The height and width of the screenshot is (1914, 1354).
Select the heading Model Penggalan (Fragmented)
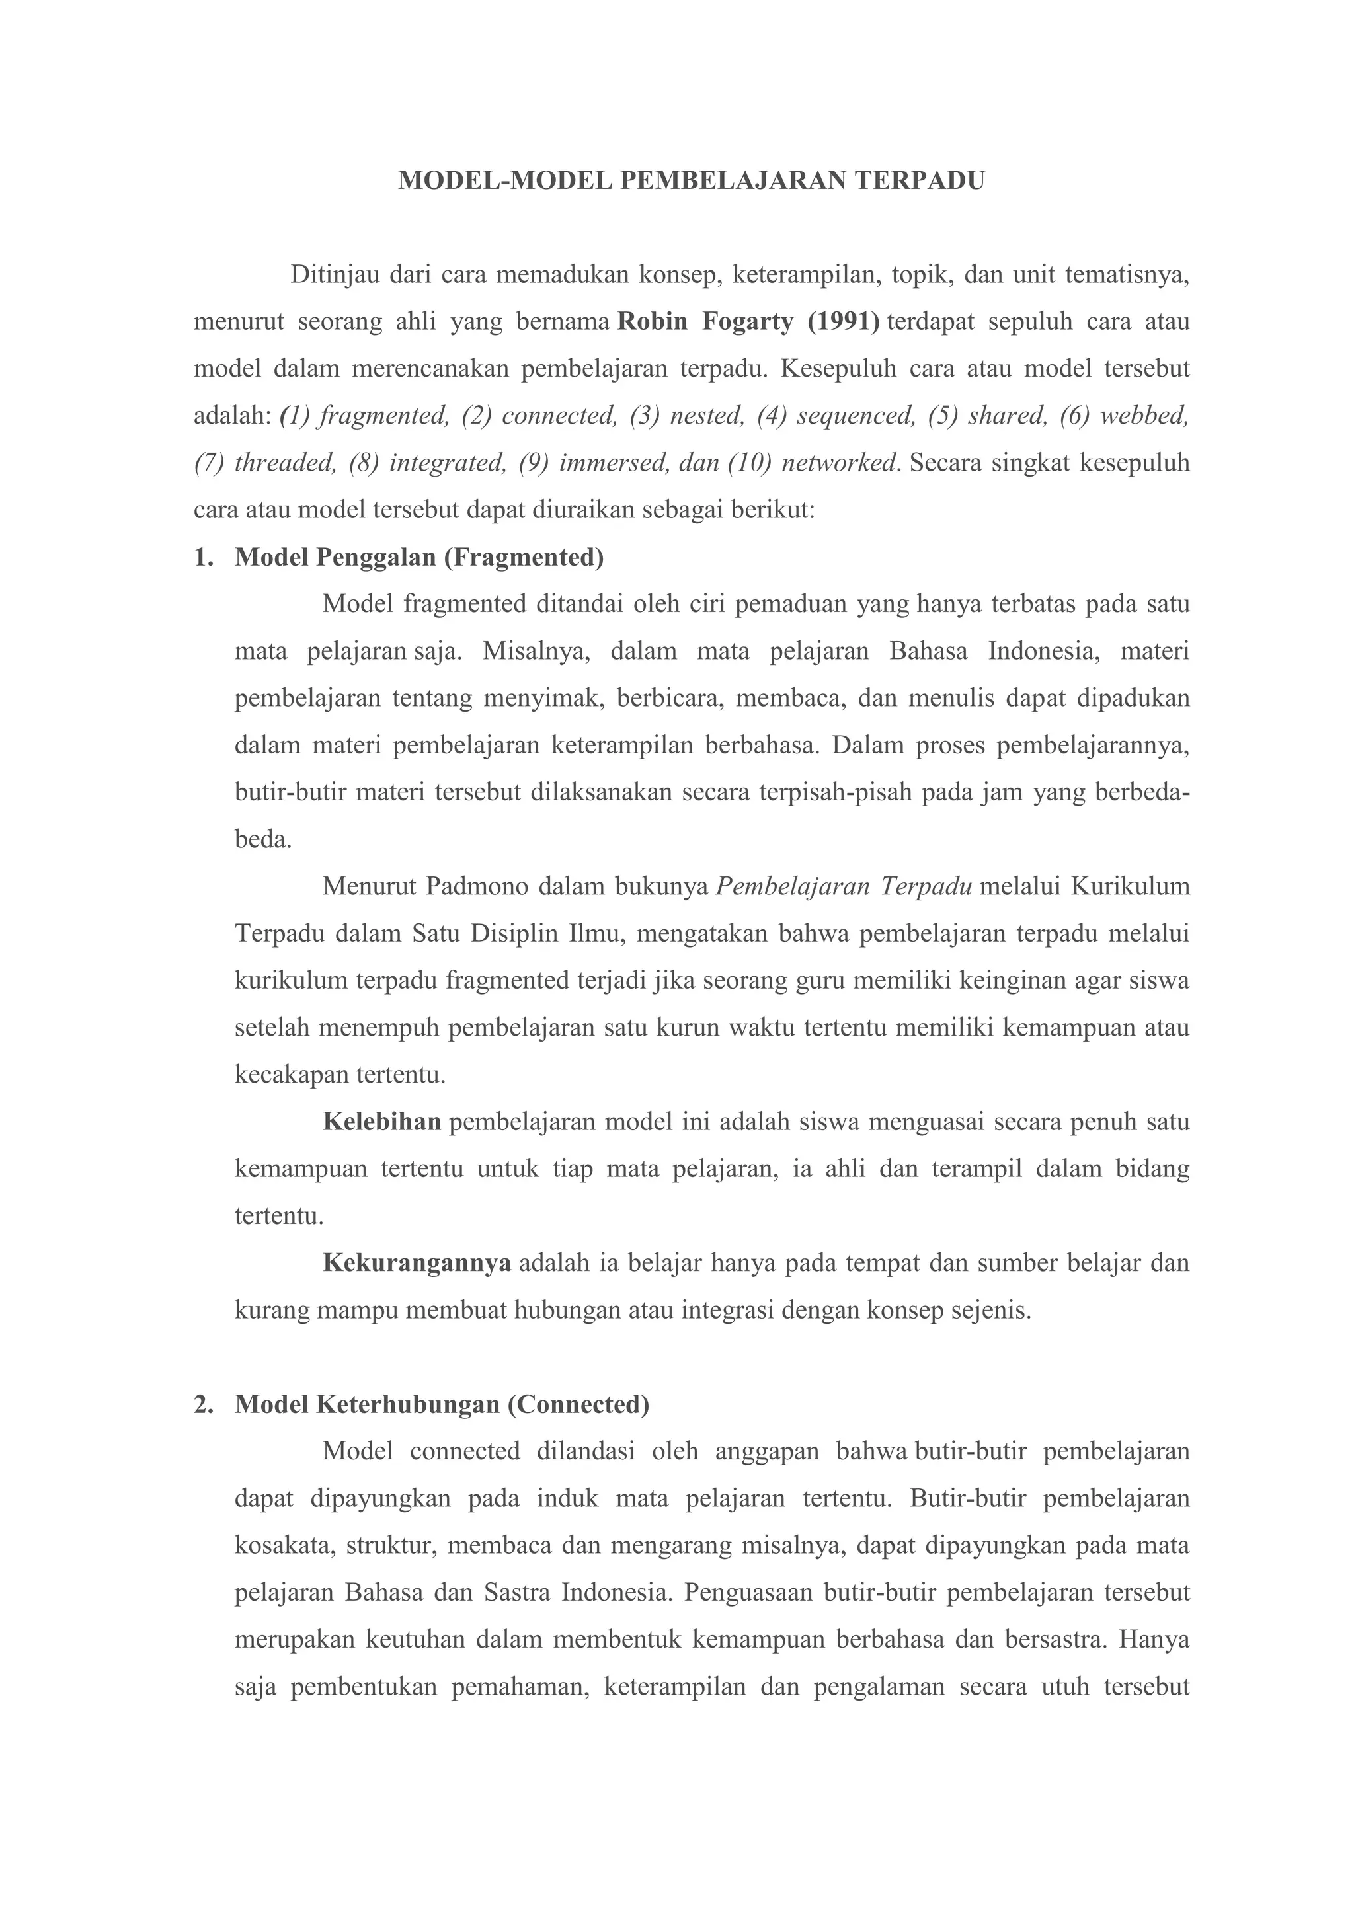(x=419, y=557)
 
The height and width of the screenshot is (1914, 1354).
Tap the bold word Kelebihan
(x=382, y=1122)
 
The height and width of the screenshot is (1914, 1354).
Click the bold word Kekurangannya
(x=417, y=1263)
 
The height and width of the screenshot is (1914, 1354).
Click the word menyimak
(x=543, y=698)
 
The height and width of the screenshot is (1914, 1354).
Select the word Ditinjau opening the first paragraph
(x=333, y=274)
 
